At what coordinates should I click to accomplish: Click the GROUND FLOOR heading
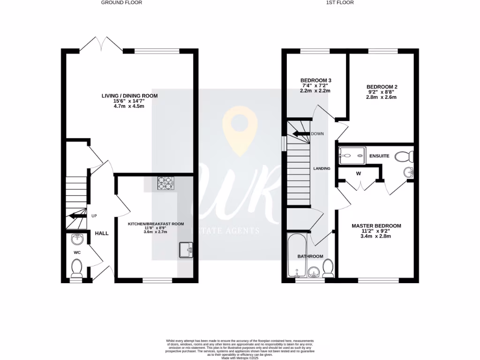pyautogui.click(x=121, y=2)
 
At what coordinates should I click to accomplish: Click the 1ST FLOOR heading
pyautogui.click(x=339, y=2)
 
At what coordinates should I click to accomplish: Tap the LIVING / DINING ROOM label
pyautogui.click(x=130, y=96)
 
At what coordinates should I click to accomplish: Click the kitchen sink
pyautogui.click(x=186, y=250)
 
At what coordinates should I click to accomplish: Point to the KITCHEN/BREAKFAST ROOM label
pyautogui.click(x=156, y=224)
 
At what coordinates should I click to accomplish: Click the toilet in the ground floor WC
pyautogui.click(x=77, y=268)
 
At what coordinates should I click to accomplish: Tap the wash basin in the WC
pyautogui.click(x=77, y=240)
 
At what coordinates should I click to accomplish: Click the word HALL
pyautogui.click(x=102, y=233)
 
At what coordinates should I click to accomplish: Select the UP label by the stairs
pyautogui.click(x=94, y=216)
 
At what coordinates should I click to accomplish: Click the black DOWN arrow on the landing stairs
pyautogui.click(x=301, y=134)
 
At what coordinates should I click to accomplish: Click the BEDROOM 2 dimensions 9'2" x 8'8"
pyautogui.click(x=382, y=92)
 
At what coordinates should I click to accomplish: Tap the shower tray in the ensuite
pyautogui.click(x=351, y=155)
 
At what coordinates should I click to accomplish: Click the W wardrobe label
pyautogui.click(x=359, y=173)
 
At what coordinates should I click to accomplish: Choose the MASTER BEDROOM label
pyautogui.click(x=376, y=226)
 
